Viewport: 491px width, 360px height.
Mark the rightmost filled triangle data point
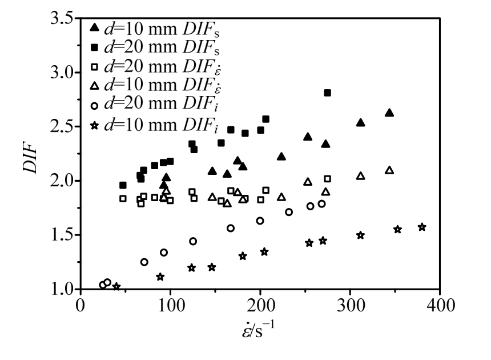[389, 113]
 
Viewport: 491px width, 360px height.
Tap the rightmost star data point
[422, 227]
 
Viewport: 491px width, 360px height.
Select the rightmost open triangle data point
[389, 170]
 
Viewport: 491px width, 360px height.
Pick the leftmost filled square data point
[123, 185]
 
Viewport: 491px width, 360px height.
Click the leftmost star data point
[116, 286]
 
